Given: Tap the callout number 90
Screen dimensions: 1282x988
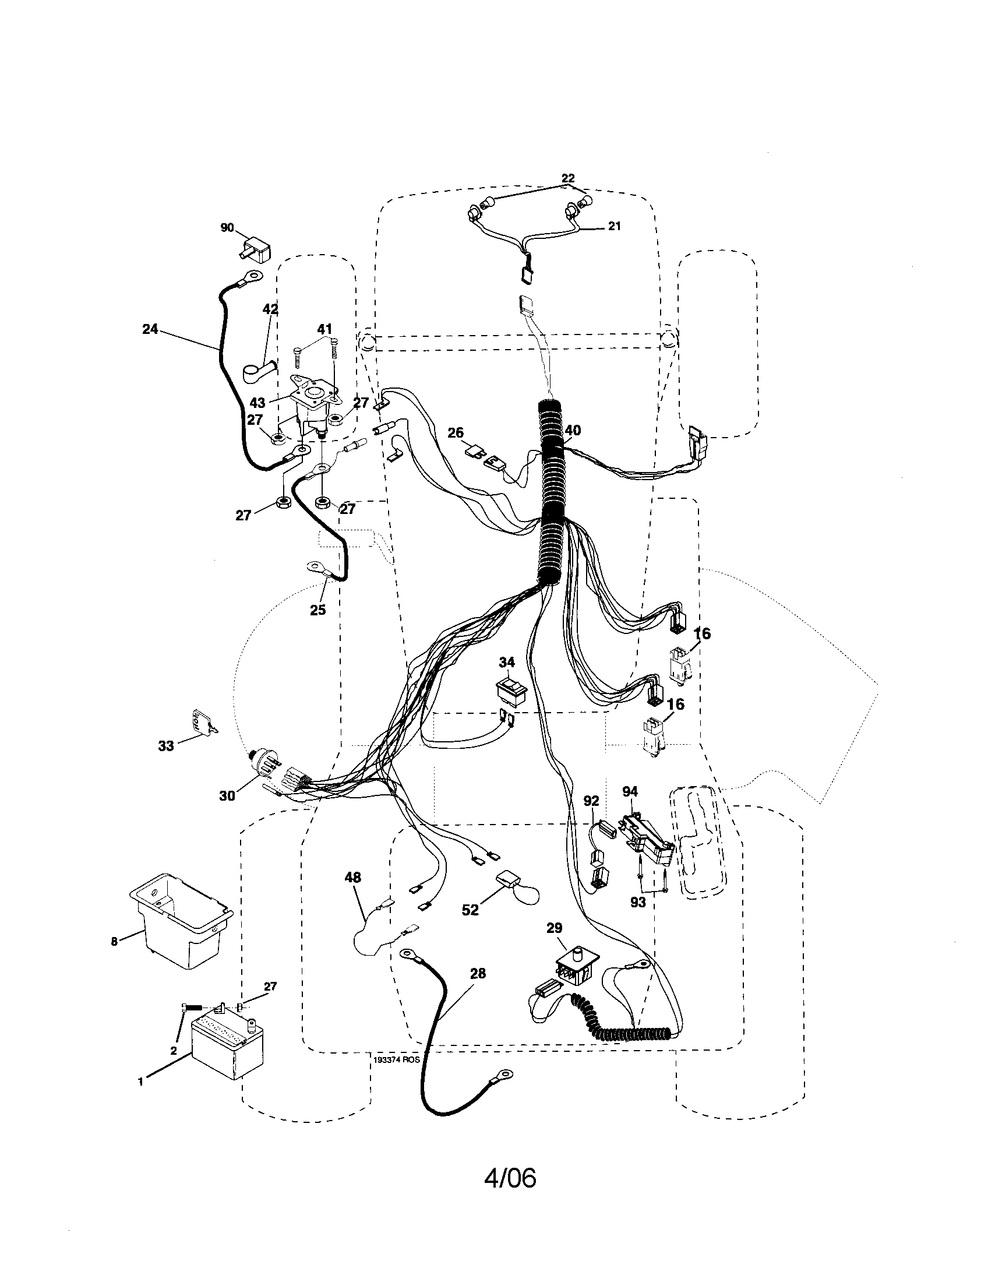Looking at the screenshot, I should pyautogui.click(x=227, y=228).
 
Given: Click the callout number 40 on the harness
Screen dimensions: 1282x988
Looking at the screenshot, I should pyautogui.click(x=572, y=431).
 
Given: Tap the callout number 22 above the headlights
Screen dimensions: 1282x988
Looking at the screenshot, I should pyautogui.click(x=567, y=178).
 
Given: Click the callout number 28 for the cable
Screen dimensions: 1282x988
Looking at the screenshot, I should pyautogui.click(x=478, y=973).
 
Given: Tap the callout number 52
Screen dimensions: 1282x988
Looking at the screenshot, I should pyautogui.click(x=470, y=910).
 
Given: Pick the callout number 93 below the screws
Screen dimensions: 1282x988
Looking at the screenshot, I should pyautogui.click(x=638, y=903).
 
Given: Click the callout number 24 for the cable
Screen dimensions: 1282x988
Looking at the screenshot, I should pyautogui.click(x=150, y=329).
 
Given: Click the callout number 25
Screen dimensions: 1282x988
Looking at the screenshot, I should pyautogui.click(x=317, y=610).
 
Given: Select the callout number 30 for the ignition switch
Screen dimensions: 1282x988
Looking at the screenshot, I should pyautogui.click(x=227, y=795).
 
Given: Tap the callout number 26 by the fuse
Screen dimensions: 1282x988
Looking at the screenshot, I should pyautogui.click(x=456, y=433).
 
